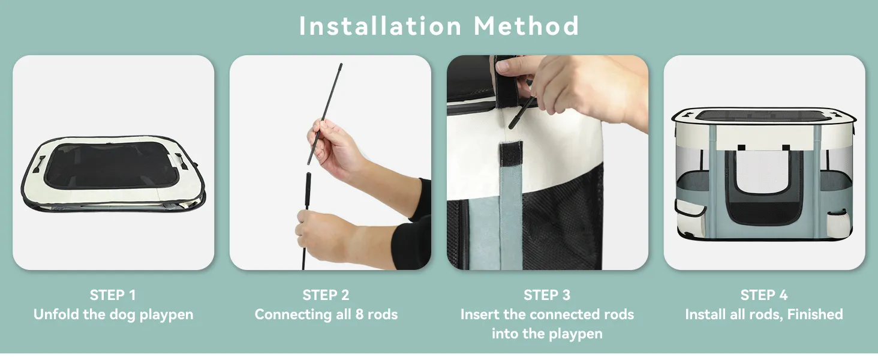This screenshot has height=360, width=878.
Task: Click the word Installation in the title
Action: (x=380, y=26)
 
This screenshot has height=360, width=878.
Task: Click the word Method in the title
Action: (x=527, y=26)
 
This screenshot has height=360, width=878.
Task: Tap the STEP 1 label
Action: (x=113, y=295)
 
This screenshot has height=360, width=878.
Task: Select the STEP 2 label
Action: (x=326, y=295)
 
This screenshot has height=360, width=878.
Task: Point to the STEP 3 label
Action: (x=547, y=295)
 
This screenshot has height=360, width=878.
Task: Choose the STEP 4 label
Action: (x=764, y=295)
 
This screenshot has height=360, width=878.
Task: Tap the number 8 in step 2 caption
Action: (x=359, y=314)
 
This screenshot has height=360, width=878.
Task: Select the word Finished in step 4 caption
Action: (x=815, y=314)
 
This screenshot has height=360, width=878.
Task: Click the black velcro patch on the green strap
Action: (x=512, y=154)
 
